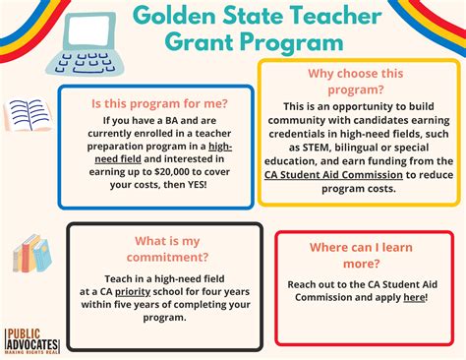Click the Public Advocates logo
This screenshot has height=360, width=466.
coord(32,338)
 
